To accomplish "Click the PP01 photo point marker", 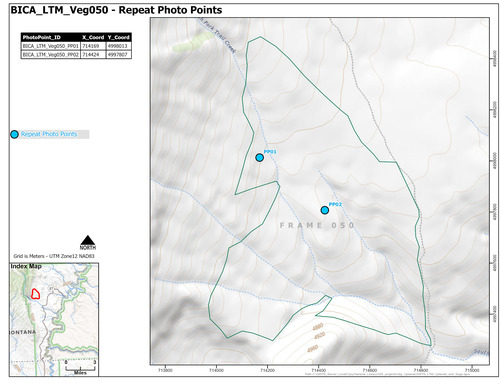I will [x=259, y=157].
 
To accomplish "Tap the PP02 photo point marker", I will [x=325, y=210].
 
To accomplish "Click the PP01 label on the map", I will [x=270, y=150].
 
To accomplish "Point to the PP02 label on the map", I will [x=335, y=203].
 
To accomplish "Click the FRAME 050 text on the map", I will [x=319, y=225].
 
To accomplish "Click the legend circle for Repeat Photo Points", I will [x=13, y=133].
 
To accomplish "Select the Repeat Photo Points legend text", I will [x=49, y=133].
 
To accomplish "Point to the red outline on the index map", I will [x=35, y=293].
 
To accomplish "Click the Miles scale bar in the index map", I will [x=80, y=364].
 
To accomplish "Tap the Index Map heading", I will [x=27, y=267].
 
